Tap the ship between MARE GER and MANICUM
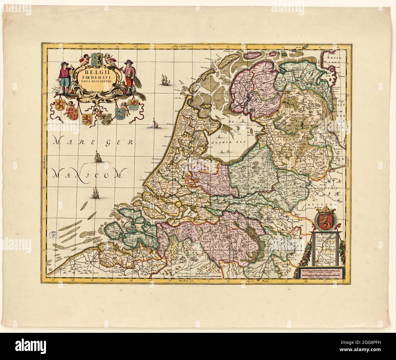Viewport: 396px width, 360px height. tap(98, 157)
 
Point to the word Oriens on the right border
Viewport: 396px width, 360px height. tap(348, 164)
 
